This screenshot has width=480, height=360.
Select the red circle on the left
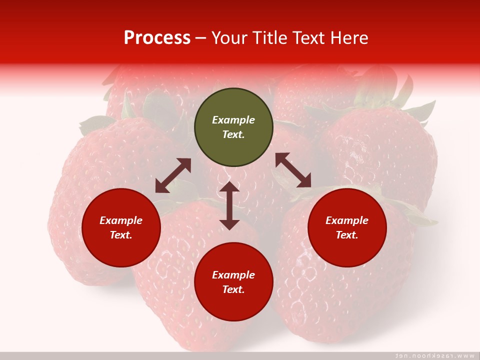tap(121, 227)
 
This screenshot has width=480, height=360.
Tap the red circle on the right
tap(347, 227)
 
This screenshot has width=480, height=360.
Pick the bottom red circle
tap(233, 282)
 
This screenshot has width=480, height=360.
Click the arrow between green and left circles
tap(173, 175)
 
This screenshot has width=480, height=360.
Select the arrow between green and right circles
tap(293, 170)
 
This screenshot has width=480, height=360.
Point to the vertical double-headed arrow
tap(229, 205)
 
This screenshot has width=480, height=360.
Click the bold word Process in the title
tap(157, 37)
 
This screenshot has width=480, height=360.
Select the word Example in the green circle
tap(233, 120)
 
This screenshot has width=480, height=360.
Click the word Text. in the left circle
tap(121, 235)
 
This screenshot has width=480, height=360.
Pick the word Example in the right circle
tap(347, 220)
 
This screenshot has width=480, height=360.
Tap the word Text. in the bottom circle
tap(233, 289)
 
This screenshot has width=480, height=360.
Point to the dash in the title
tap(200, 38)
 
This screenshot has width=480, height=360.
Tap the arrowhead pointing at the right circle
tap(304, 181)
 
